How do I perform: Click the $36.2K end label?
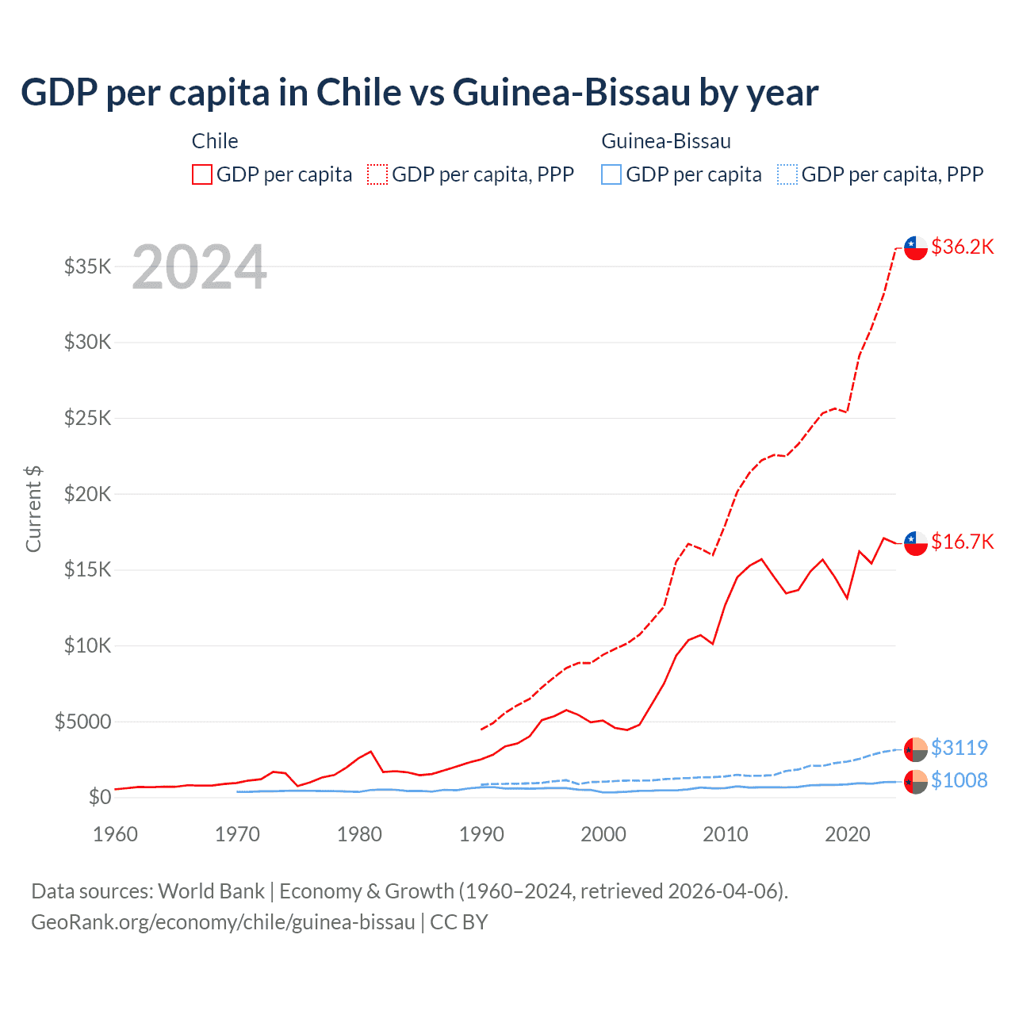(x=962, y=247)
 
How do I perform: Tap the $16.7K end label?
(x=962, y=542)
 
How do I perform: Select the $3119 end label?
(x=959, y=748)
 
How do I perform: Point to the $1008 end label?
(x=959, y=780)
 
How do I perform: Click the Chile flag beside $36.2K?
(x=916, y=247)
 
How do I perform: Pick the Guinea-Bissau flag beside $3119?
(x=916, y=749)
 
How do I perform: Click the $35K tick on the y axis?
(x=88, y=266)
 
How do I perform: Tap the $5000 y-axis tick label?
(x=83, y=722)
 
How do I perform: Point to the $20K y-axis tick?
(x=88, y=494)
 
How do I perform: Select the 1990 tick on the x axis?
(x=481, y=834)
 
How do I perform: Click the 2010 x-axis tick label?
(x=726, y=834)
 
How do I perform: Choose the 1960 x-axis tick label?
(x=115, y=834)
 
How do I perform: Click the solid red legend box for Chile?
(x=202, y=174)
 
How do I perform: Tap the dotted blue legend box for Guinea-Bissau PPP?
(x=787, y=174)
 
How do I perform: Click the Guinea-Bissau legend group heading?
(x=666, y=141)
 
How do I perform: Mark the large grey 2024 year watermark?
(x=199, y=267)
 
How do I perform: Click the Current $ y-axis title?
(x=33, y=509)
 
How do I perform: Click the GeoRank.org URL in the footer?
(x=223, y=922)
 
